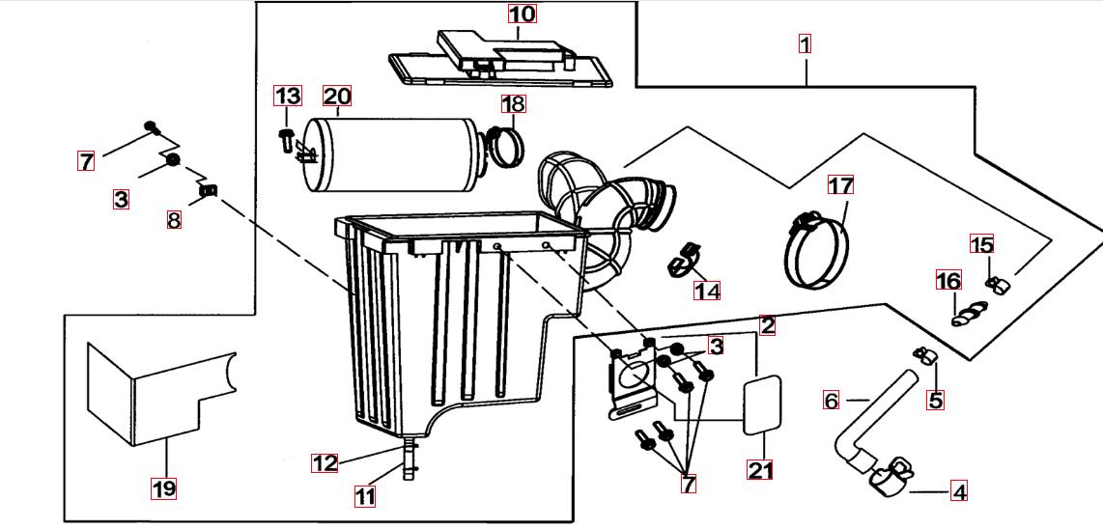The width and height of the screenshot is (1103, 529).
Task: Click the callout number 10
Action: point(522,14)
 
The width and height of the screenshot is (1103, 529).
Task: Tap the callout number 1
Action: point(805,43)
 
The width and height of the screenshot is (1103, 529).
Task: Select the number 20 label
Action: point(337,97)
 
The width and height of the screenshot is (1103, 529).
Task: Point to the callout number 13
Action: point(288,96)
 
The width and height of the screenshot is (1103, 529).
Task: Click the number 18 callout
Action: point(513,103)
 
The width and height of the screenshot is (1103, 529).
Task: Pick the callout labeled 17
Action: point(841,184)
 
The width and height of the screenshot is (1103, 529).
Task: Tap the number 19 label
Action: point(164,488)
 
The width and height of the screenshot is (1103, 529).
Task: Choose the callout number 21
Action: point(761,470)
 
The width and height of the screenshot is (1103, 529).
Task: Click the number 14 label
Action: point(708,289)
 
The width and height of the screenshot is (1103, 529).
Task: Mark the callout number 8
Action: point(174,220)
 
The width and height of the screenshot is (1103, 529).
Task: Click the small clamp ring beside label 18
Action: point(506,144)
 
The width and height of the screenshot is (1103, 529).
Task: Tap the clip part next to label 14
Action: point(684,256)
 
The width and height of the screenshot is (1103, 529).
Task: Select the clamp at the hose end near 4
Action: point(891,472)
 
